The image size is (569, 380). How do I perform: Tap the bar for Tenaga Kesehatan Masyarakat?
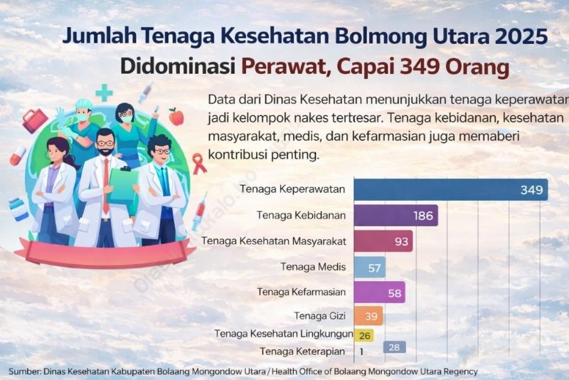point(383,241)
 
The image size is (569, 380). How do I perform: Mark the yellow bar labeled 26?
point(363,334)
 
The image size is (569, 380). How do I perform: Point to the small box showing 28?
point(395,347)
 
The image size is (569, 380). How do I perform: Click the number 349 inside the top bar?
point(531,190)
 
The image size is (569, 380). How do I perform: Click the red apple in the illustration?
point(176,116)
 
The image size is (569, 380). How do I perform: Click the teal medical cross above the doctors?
point(105,93)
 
